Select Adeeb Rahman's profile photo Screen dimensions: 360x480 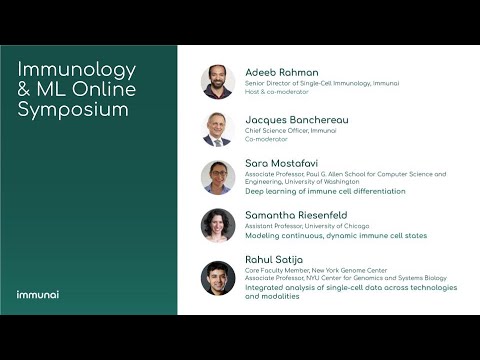[217, 81]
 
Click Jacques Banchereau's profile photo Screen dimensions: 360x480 [217, 129]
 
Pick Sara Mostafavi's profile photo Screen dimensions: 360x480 [217, 177]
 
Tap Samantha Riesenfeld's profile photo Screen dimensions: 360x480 [217, 225]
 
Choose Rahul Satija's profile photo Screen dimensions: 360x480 [217, 278]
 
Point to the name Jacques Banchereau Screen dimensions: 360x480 [295, 119]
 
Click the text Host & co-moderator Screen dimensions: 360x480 [274, 92]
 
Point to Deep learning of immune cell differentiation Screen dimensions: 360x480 [325, 190]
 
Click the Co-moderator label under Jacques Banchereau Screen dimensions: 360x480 [267, 140]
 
